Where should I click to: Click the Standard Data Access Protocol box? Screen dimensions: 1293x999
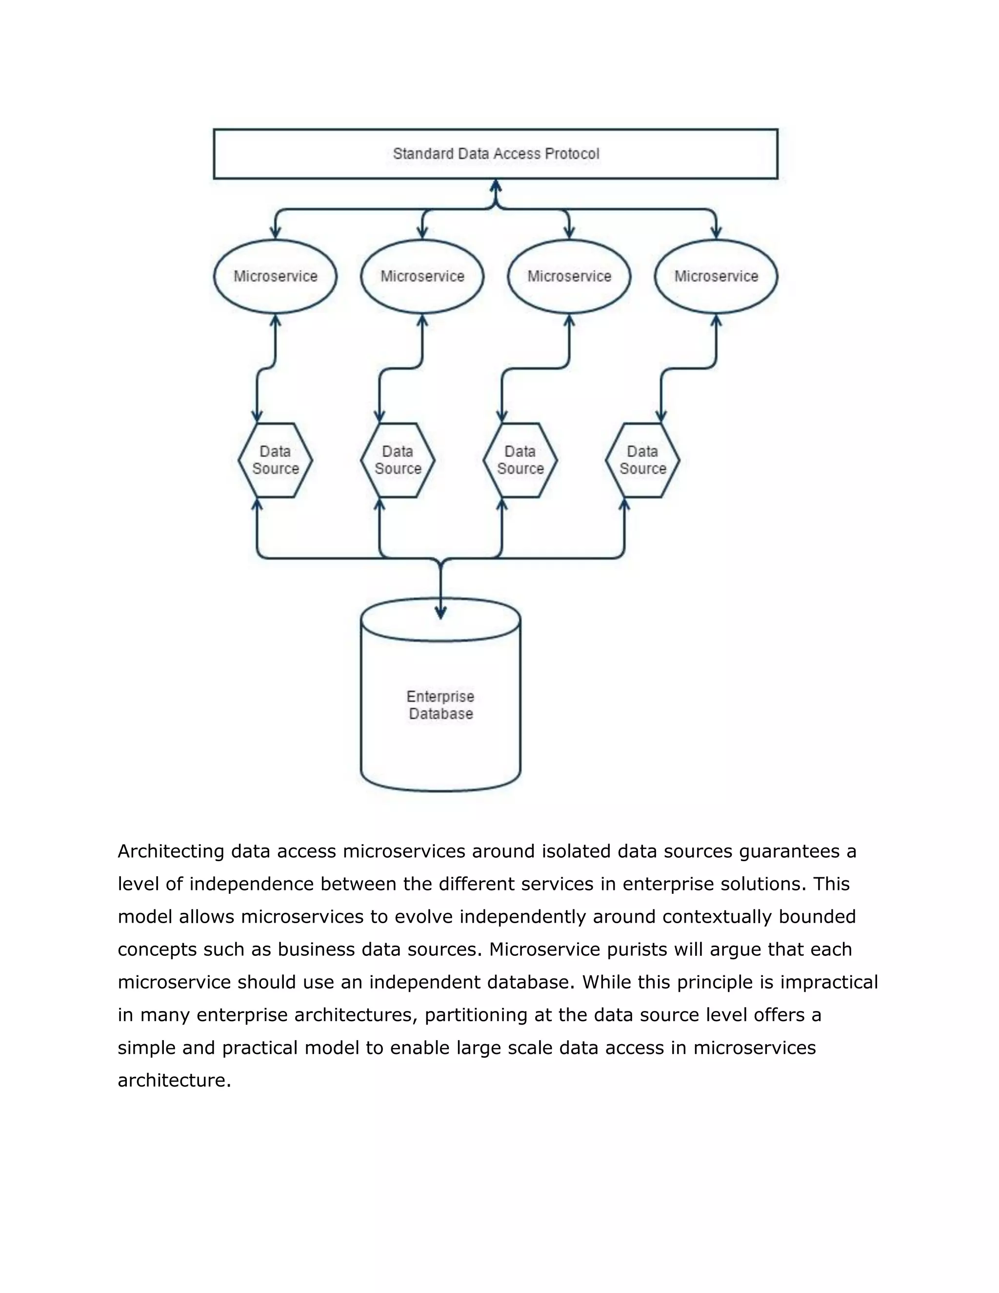(x=496, y=154)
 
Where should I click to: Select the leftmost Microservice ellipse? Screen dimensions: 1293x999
(x=275, y=277)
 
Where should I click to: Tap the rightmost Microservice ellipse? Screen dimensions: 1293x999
(x=716, y=277)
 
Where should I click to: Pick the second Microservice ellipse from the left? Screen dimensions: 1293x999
(x=422, y=277)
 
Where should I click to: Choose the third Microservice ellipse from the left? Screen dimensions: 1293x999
(x=569, y=277)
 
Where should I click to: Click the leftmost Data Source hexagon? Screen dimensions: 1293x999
(x=275, y=460)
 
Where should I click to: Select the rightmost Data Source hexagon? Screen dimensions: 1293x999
(x=643, y=460)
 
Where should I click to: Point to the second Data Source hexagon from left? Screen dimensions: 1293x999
(x=398, y=460)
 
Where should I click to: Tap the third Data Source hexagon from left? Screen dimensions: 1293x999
(x=520, y=460)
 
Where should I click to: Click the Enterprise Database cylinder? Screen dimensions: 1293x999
(x=440, y=705)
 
